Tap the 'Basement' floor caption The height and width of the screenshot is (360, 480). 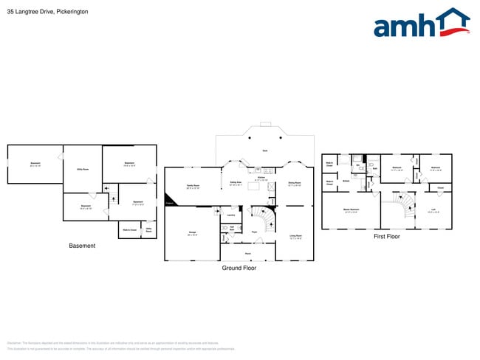[x=82, y=246]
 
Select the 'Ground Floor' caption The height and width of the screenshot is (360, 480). [x=239, y=269]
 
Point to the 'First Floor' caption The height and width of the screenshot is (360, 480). [x=386, y=237]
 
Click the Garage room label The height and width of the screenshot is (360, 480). [x=192, y=233]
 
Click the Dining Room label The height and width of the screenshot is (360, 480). [x=293, y=184]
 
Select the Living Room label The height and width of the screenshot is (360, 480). [x=295, y=238]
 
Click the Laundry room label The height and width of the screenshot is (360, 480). [x=231, y=215]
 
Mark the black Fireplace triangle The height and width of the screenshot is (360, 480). [x=169, y=203]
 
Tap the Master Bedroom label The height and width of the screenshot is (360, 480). [x=350, y=210]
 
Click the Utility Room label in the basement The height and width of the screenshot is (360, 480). [x=83, y=170]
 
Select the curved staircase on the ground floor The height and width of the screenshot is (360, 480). [x=261, y=218]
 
